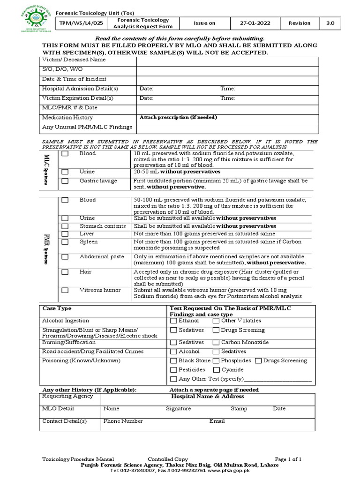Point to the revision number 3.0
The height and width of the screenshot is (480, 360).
330,23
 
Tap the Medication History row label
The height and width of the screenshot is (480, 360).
67,118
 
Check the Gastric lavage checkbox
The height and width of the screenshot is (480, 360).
65,181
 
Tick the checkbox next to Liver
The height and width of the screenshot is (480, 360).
65,234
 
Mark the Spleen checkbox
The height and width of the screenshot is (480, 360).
65,242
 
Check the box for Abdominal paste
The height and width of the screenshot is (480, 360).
65,257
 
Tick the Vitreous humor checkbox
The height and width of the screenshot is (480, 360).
65,291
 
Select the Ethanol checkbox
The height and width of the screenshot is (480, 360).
174,321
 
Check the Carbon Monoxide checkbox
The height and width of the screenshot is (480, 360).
216,343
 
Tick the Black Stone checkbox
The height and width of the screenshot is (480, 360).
174,361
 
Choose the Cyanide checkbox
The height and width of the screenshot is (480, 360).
216,370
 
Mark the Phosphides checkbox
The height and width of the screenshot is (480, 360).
216,361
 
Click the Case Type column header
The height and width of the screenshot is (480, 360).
57,308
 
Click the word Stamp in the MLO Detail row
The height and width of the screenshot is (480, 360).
239,409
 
